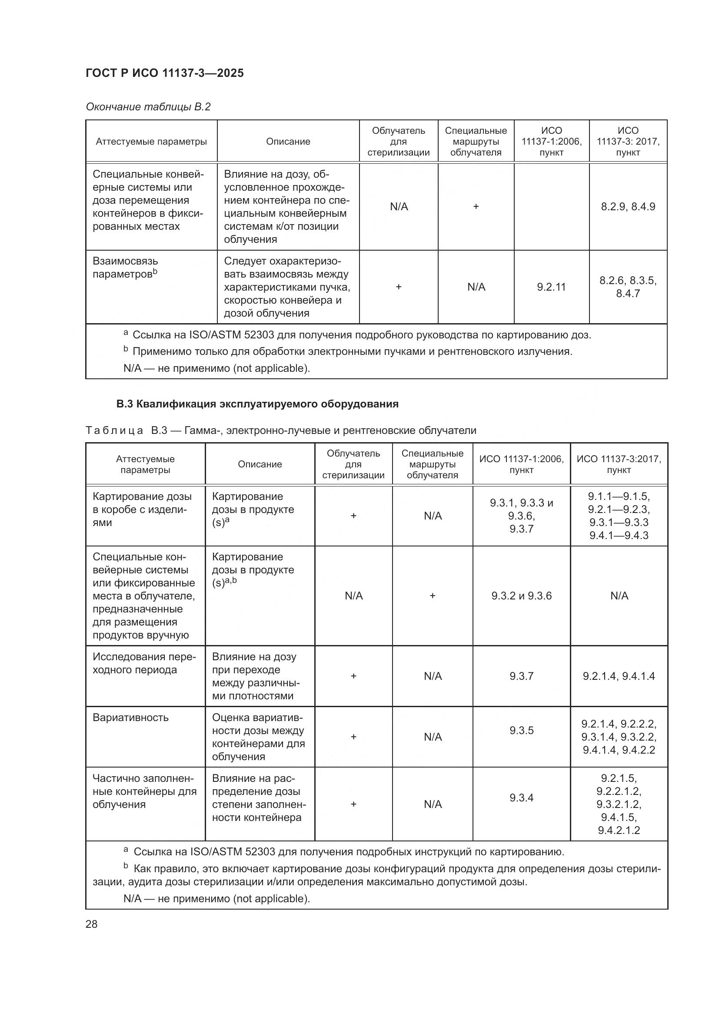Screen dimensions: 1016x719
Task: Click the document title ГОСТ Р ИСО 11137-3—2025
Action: tap(165, 73)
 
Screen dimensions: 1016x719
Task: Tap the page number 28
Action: tap(92, 924)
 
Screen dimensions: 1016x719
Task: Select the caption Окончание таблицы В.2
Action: tap(148, 107)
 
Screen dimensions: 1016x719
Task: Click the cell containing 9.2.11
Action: tap(551, 287)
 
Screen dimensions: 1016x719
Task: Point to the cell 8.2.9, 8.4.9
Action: tap(628, 207)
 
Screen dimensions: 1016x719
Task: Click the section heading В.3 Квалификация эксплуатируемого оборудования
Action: tap(257, 404)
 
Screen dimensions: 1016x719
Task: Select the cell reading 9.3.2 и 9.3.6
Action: tap(521, 596)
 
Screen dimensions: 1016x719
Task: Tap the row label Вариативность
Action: tap(130, 717)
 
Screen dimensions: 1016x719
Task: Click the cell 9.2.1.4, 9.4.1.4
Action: tap(619, 676)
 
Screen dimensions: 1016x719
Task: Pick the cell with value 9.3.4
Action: tap(521, 798)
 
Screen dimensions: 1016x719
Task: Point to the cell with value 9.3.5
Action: tap(521, 730)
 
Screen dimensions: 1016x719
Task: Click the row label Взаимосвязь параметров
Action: tap(125, 268)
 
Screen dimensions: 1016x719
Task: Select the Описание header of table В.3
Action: tap(260, 464)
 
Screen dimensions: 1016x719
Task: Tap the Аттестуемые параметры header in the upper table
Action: tap(151, 142)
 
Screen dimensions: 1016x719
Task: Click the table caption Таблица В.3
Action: tap(281, 430)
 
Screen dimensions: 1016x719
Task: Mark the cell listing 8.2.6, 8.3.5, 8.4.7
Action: tap(628, 287)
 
